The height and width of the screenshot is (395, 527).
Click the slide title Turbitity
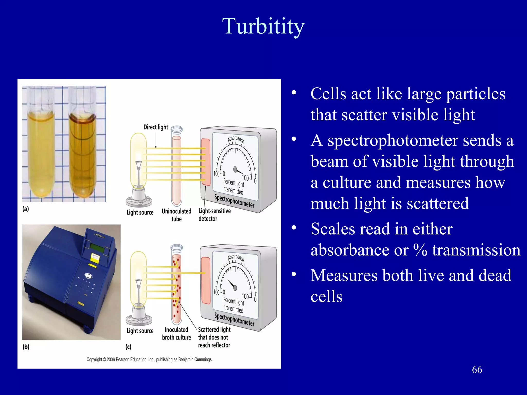pyautogui.click(x=263, y=26)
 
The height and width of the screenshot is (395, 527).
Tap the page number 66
pyautogui.click(x=477, y=370)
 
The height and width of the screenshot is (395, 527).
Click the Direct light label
pyautogui.click(x=156, y=127)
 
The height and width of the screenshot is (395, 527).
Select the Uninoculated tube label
pyautogui.click(x=177, y=215)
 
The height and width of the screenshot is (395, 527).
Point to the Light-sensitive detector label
pyautogui.click(x=214, y=215)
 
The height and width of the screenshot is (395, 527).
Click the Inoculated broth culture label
pyautogui.click(x=177, y=334)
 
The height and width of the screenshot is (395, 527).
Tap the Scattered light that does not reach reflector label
pyautogui.click(x=214, y=337)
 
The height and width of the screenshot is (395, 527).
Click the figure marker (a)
pyautogui.click(x=26, y=209)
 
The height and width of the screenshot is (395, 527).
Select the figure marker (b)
pyautogui.click(x=26, y=347)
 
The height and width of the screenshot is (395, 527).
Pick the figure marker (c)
pyautogui.click(x=128, y=347)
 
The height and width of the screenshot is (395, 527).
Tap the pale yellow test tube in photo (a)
pyautogui.click(x=41, y=154)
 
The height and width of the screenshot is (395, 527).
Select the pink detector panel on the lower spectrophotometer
pyautogui.click(x=206, y=280)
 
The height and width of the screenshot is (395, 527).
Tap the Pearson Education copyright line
pyautogui.click(x=150, y=360)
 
